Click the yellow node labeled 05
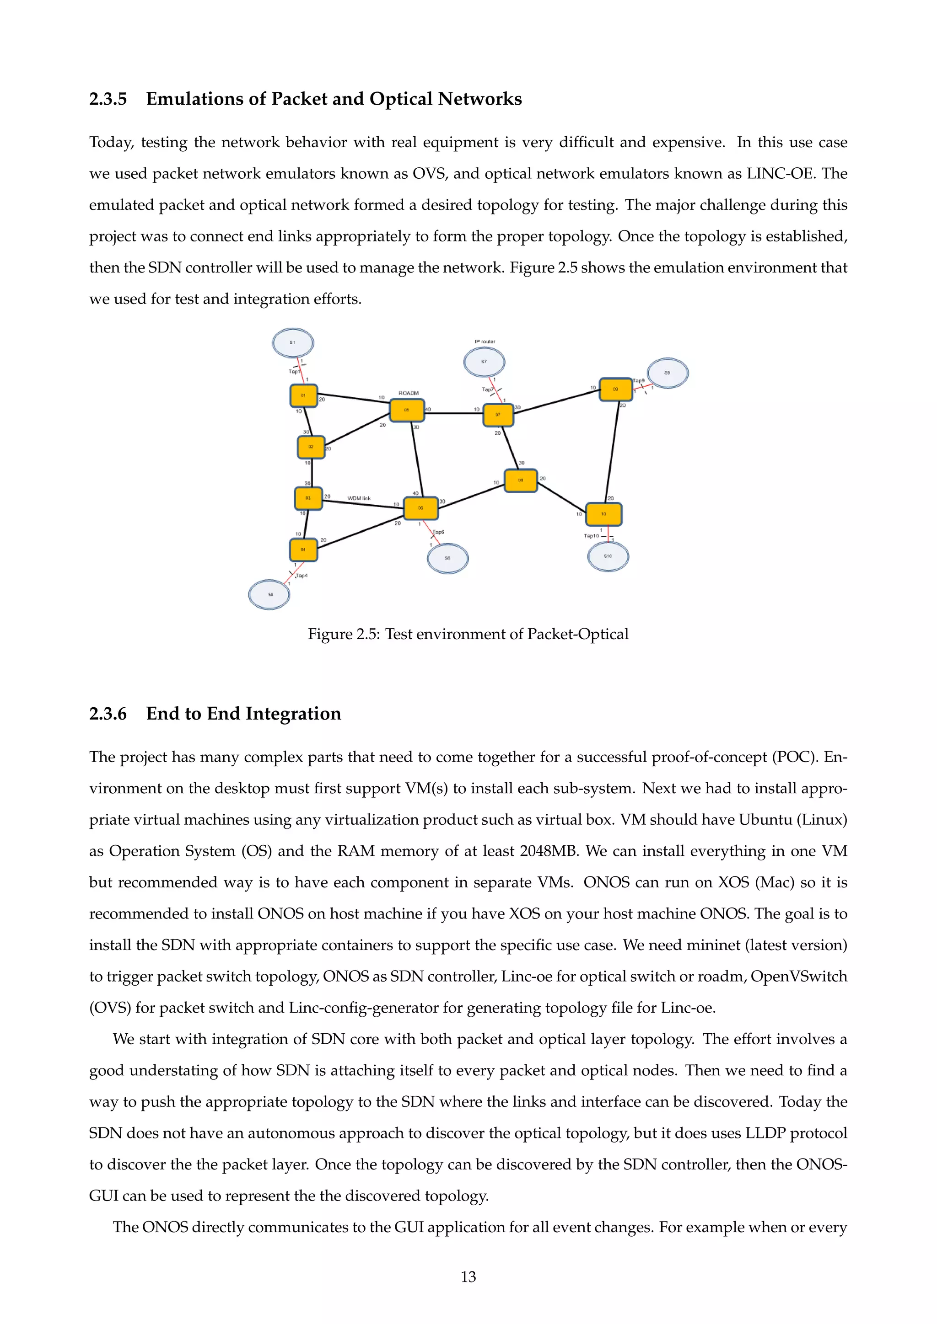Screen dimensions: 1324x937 point(407,410)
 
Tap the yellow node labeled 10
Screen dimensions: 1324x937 point(603,514)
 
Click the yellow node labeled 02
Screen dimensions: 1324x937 point(311,447)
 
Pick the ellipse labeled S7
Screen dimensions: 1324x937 point(484,362)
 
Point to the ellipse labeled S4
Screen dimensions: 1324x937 point(269,594)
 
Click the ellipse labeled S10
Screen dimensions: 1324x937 point(608,556)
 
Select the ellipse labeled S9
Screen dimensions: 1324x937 point(668,373)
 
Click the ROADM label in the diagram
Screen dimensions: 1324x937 point(409,393)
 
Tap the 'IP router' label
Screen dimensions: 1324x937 point(485,342)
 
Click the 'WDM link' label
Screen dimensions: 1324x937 point(359,498)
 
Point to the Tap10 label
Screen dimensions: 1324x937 point(592,536)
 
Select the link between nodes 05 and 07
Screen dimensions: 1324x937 point(454,413)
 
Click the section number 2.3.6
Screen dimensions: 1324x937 point(108,714)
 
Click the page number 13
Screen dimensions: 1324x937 point(468,1277)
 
